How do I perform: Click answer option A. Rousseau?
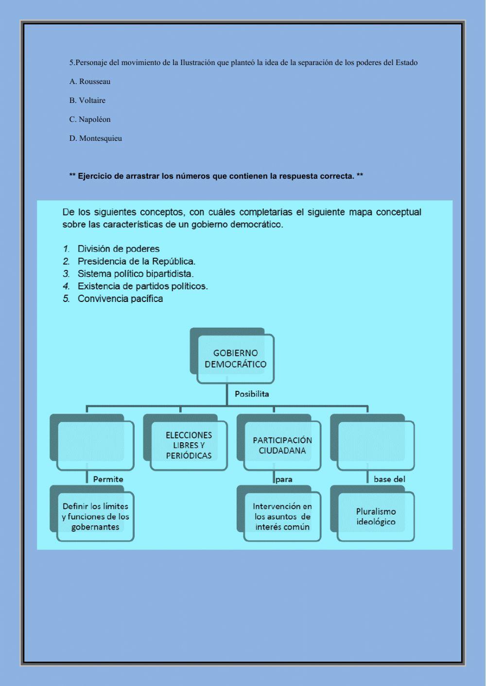point(90,82)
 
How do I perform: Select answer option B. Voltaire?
point(87,100)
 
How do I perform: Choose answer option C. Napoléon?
point(90,119)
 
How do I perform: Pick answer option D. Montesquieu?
point(96,138)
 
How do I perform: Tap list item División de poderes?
point(118,249)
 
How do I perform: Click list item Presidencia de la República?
point(136,261)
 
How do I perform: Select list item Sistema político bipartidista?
point(135,274)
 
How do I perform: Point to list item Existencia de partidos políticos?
point(142,286)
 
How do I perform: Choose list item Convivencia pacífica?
point(120,299)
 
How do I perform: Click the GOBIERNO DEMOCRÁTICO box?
point(235,359)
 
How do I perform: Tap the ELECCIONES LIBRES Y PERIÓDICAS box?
point(189,445)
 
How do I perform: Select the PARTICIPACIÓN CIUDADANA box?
point(282,445)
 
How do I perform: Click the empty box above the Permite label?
point(95,445)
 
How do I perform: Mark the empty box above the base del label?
point(376,445)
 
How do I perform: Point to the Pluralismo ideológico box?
point(376,517)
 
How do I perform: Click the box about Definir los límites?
point(95,517)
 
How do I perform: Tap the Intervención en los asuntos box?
point(282,517)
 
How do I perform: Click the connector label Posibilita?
point(252,394)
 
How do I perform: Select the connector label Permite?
point(108,479)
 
